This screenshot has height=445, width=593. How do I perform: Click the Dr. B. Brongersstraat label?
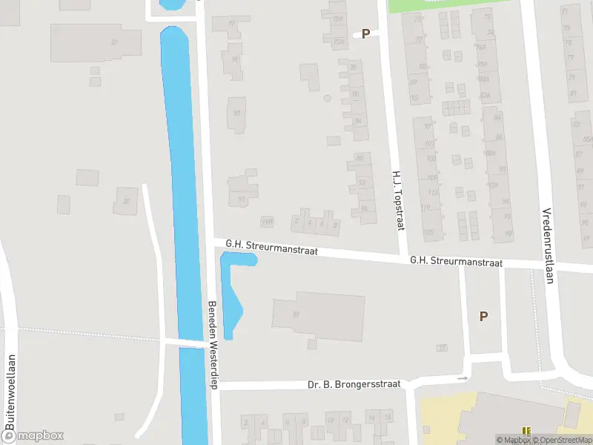click(x=354, y=384)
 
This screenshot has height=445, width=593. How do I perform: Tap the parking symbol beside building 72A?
click(x=365, y=33)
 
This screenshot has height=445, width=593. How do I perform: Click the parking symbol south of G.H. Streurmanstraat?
click(x=483, y=316)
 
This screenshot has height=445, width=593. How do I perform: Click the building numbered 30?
click(x=125, y=199)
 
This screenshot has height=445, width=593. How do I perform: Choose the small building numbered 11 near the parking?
click(x=443, y=347)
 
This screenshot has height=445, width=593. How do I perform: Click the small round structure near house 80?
click(x=327, y=98)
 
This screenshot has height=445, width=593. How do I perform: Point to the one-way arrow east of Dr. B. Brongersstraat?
click(x=463, y=378)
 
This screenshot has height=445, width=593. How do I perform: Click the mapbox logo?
click(x=33, y=436)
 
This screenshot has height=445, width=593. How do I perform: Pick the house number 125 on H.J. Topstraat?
click(x=427, y=232)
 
